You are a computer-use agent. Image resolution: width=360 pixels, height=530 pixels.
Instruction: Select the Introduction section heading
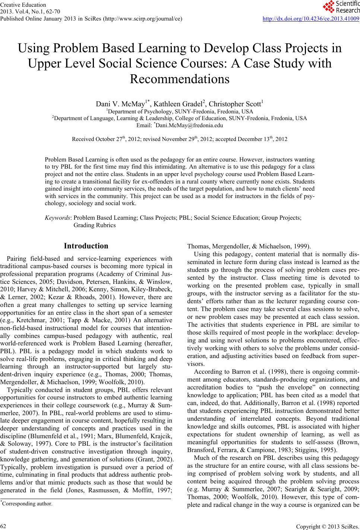(x=86, y=246)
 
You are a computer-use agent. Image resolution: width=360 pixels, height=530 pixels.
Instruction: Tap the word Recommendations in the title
(x=180, y=79)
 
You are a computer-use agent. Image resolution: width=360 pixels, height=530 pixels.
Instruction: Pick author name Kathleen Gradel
(x=181, y=104)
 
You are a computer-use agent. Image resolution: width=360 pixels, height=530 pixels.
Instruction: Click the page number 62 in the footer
(x=3, y=525)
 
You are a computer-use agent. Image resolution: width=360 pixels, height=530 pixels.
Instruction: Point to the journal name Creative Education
(x=23, y=5)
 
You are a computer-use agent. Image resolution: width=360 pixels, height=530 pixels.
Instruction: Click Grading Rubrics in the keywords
(x=95, y=225)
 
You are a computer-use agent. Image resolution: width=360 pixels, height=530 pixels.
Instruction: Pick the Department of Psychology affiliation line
(x=180, y=112)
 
